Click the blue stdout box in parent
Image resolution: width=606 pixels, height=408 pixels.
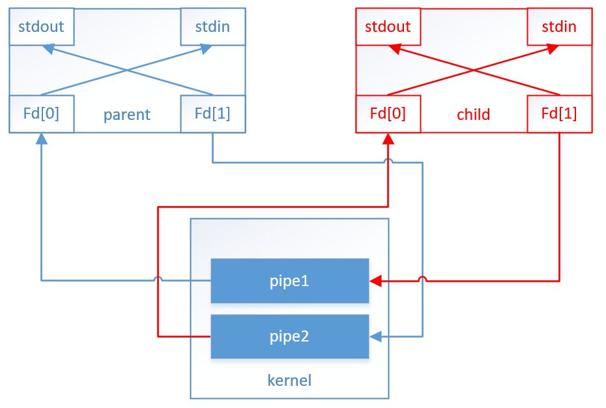(x=42, y=27)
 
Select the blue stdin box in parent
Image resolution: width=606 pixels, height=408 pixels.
(x=213, y=27)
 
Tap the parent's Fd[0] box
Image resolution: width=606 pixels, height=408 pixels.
(x=42, y=113)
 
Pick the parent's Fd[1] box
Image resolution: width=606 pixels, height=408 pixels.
(x=213, y=113)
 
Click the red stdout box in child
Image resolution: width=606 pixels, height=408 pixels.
(x=388, y=27)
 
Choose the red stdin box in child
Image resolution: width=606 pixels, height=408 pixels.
(x=560, y=27)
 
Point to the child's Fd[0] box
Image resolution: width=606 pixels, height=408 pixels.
(x=388, y=113)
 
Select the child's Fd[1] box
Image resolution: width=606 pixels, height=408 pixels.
(x=560, y=113)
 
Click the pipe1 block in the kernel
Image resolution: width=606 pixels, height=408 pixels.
(x=290, y=281)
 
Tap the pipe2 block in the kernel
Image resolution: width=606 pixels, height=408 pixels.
(x=290, y=336)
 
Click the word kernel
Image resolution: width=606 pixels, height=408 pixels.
(x=289, y=380)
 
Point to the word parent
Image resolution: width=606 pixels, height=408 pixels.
(x=127, y=115)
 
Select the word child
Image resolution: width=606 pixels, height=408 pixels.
(x=474, y=115)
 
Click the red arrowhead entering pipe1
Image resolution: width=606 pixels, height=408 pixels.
(x=375, y=281)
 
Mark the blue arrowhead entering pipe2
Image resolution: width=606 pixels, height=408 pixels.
(x=375, y=336)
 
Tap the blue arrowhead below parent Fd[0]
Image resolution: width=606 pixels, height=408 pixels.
(x=42, y=138)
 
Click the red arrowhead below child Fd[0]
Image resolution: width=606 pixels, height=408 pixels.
(x=388, y=138)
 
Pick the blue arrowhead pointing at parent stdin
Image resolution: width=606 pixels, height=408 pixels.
(x=206, y=48)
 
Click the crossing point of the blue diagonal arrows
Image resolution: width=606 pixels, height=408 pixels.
(x=127, y=70)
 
